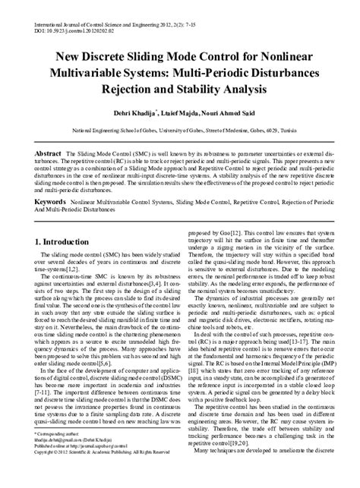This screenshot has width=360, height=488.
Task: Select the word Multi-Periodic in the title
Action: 257,72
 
